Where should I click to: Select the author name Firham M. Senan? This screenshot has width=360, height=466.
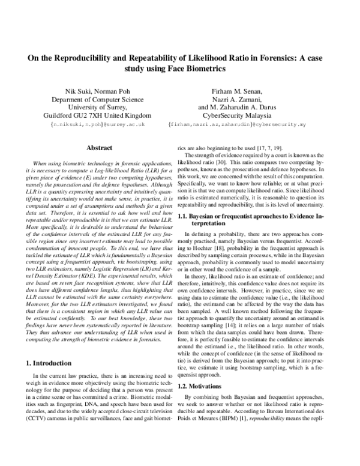point(238,91)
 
